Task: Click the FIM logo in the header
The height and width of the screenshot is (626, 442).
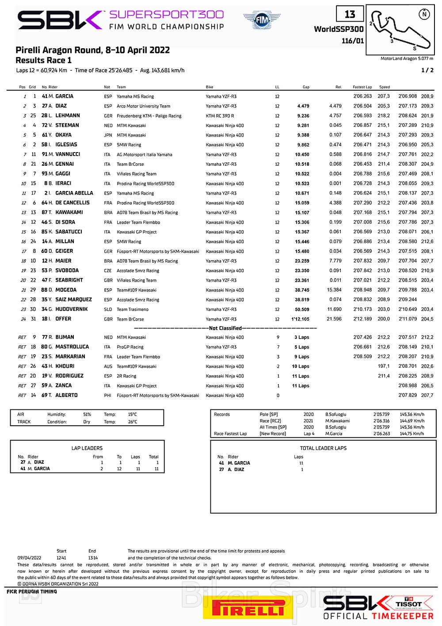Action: pos(262,20)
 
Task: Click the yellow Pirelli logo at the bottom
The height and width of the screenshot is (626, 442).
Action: pos(248,608)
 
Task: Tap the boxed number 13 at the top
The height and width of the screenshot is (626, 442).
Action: pos(350,15)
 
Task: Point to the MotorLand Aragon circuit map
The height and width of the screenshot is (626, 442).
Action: pos(400,30)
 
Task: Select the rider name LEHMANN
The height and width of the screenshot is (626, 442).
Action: pos(68,116)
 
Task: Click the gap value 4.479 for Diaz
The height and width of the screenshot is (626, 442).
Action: pos(303,106)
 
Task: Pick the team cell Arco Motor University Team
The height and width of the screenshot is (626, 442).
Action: pos(143,106)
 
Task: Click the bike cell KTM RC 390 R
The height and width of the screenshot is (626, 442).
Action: pos(220,116)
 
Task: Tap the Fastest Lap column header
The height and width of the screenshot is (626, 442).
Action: pos(362,87)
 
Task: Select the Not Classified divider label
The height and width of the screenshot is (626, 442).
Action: pos(225,328)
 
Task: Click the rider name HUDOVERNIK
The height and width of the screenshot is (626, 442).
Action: pos(72,309)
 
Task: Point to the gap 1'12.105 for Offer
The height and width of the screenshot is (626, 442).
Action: pos(300,319)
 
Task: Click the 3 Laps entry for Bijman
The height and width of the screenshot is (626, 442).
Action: pos(302,337)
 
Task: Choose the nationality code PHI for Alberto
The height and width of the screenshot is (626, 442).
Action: pos(107,396)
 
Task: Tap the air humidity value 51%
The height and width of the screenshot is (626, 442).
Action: pos(87,415)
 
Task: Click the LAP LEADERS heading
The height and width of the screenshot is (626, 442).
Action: pos(87,448)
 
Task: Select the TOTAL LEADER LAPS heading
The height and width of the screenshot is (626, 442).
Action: pos(323,448)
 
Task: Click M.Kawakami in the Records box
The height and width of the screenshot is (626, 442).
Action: pos(337,421)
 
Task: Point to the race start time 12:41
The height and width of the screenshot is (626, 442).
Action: pos(61,558)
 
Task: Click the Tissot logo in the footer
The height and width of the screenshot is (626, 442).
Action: pos(408,603)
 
